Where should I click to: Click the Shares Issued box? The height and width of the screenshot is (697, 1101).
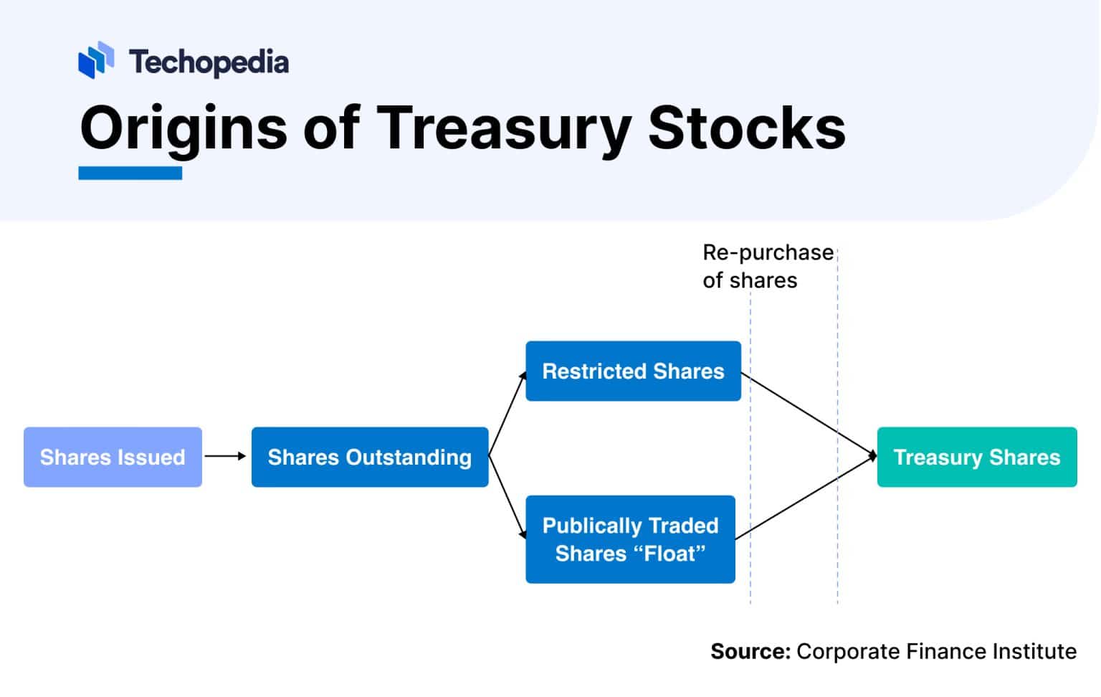(113, 457)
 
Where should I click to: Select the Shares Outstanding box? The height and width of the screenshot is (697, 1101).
(369, 457)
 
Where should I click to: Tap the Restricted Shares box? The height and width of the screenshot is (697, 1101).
(633, 371)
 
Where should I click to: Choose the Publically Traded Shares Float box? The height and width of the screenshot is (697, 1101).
(630, 539)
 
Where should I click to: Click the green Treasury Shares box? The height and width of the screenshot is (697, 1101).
(976, 457)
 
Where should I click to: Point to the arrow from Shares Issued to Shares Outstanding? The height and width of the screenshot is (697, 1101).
(225, 456)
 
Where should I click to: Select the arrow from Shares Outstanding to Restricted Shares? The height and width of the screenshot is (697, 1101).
(507, 414)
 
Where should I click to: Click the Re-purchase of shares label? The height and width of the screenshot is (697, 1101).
(767, 266)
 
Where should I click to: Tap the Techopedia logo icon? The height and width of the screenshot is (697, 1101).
(96, 60)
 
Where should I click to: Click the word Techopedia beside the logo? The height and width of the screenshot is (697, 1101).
(209, 62)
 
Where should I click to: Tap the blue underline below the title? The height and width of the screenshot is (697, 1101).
(130, 173)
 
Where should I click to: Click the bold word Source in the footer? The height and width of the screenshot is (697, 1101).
(750, 651)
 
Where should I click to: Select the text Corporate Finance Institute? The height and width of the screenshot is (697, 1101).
(936, 651)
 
